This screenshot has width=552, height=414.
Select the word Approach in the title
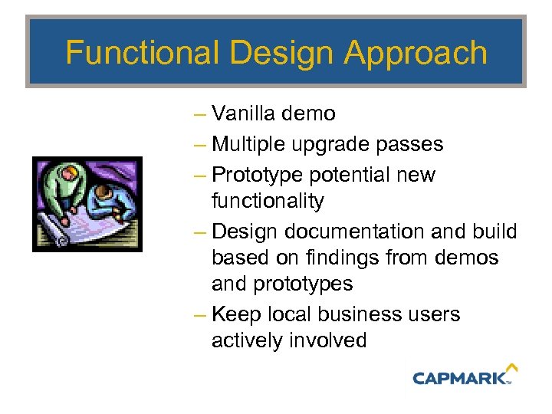click(x=416, y=53)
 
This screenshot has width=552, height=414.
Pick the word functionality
click(x=268, y=201)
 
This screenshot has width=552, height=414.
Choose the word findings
click(x=342, y=258)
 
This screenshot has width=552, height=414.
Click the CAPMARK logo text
click(x=459, y=377)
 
